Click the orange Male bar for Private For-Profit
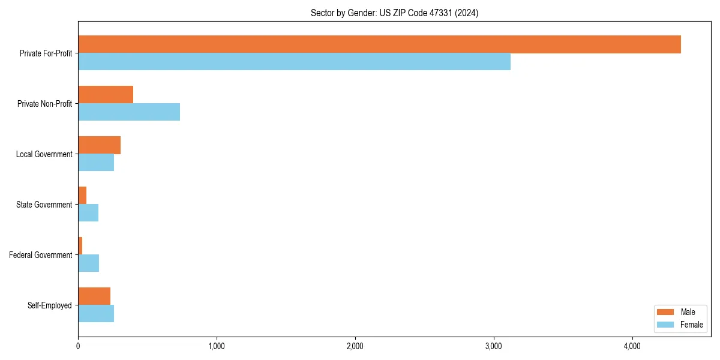click(x=379, y=44)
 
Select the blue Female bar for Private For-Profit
click(x=294, y=62)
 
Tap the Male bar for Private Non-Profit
click(x=106, y=95)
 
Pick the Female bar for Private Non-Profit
click(x=129, y=112)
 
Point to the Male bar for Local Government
click(x=99, y=145)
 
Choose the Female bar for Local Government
click(x=96, y=163)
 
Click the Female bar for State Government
click(x=88, y=213)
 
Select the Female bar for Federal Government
click(x=88, y=263)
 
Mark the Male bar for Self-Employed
click(x=94, y=296)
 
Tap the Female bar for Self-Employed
click(x=96, y=314)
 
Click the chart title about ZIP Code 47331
click(x=394, y=13)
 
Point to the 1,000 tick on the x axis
click(x=216, y=347)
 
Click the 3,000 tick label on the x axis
click(x=493, y=347)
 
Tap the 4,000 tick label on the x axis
click(x=632, y=347)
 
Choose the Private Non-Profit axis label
click(x=44, y=104)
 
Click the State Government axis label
click(x=44, y=205)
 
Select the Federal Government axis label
click(x=41, y=255)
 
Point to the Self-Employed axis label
click(x=50, y=305)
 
